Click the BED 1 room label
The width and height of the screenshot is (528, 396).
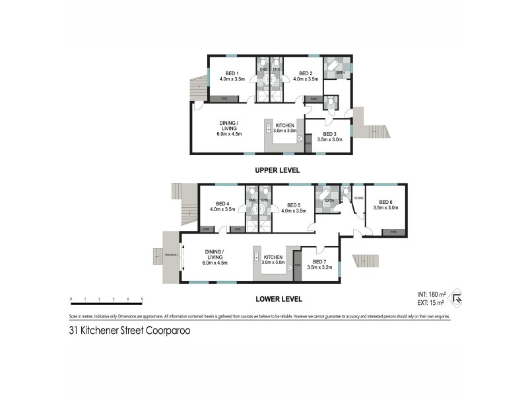[232, 73]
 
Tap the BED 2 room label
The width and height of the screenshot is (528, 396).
[305, 73]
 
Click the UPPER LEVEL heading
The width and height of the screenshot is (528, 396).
[277, 170]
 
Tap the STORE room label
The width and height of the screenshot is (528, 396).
[359, 197]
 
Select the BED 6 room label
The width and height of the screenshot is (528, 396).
[385, 202]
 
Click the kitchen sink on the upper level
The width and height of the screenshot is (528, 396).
[300, 139]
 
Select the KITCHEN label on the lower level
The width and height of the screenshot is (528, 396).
[273, 257]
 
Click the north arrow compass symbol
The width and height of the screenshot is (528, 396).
[455, 299]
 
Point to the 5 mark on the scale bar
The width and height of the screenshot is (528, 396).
[142, 300]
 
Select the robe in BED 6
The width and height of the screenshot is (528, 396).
[393, 232]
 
